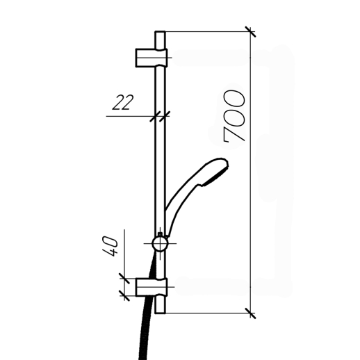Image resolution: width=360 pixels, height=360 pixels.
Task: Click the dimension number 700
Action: (x=234, y=116)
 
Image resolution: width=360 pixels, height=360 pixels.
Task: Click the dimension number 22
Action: (x=123, y=102)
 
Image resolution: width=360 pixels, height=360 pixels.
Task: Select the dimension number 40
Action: (x=110, y=246)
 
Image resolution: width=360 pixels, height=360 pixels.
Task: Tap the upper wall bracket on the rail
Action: (x=152, y=58)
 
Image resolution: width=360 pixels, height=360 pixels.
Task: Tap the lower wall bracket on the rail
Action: (x=152, y=287)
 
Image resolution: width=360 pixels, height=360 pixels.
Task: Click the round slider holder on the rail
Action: (x=160, y=244)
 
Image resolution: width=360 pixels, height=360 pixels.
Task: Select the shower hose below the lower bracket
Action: (x=144, y=328)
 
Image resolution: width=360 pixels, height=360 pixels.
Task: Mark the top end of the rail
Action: (x=160, y=31)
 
